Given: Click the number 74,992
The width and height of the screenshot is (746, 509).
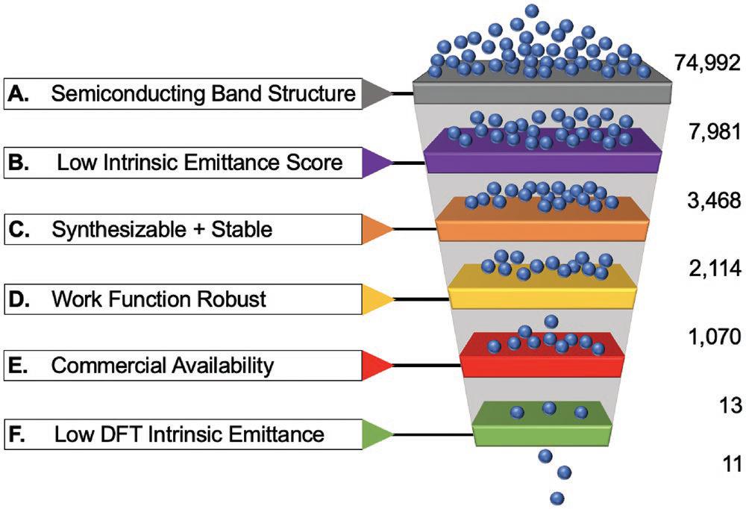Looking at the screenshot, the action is pos(707,63).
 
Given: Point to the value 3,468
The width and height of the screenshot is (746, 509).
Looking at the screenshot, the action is pos(714,201).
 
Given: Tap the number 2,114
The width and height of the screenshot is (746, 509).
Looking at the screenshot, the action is pos(715,269).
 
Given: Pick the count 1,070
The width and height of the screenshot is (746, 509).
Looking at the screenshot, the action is pos(715,337).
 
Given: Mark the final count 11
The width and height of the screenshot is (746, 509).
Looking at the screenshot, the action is pos(733,463).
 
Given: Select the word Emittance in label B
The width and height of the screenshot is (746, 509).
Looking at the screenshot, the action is pos(232,163).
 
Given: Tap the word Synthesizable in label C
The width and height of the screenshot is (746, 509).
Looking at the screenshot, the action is pos(119,230).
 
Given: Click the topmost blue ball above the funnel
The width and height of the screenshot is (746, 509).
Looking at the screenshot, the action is pos(533,10).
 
